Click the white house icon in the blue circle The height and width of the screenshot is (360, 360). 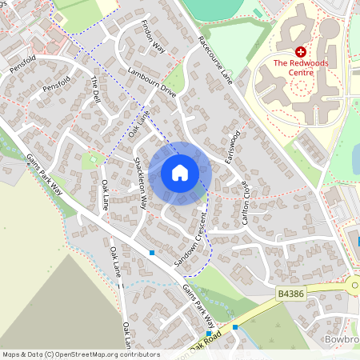coord(180,173)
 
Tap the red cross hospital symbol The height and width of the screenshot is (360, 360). coord(301,50)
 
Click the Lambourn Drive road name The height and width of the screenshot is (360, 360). coord(151,82)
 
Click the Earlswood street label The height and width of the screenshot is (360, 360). coord(233,149)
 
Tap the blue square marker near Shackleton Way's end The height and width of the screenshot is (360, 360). coord(151,252)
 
